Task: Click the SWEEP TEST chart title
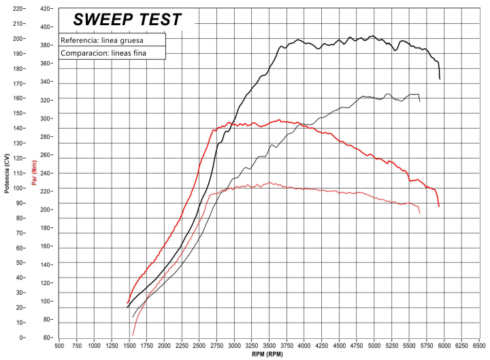click(x=127, y=20)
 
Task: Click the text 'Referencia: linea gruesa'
click(x=101, y=39)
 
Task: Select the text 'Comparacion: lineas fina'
click(x=103, y=53)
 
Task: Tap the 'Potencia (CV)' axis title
click(x=7, y=173)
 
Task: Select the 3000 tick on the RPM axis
click(x=234, y=345)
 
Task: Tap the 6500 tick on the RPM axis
click(x=479, y=345)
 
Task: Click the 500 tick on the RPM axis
click(x=59, y=345)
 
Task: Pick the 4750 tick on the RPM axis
click(x=357, y=345)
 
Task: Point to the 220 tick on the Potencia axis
click(x=18, y=9)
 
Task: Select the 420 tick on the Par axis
click(x=46, y=9)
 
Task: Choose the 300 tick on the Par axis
click(x=46, y=118)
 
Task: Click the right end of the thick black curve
click(x=440, y=79)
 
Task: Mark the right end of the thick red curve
click(x=439, y=206)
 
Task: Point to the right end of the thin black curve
click(x=420, y=101)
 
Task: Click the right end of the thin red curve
click(x=420, y=213)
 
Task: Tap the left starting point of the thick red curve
click(x=127, y=303)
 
